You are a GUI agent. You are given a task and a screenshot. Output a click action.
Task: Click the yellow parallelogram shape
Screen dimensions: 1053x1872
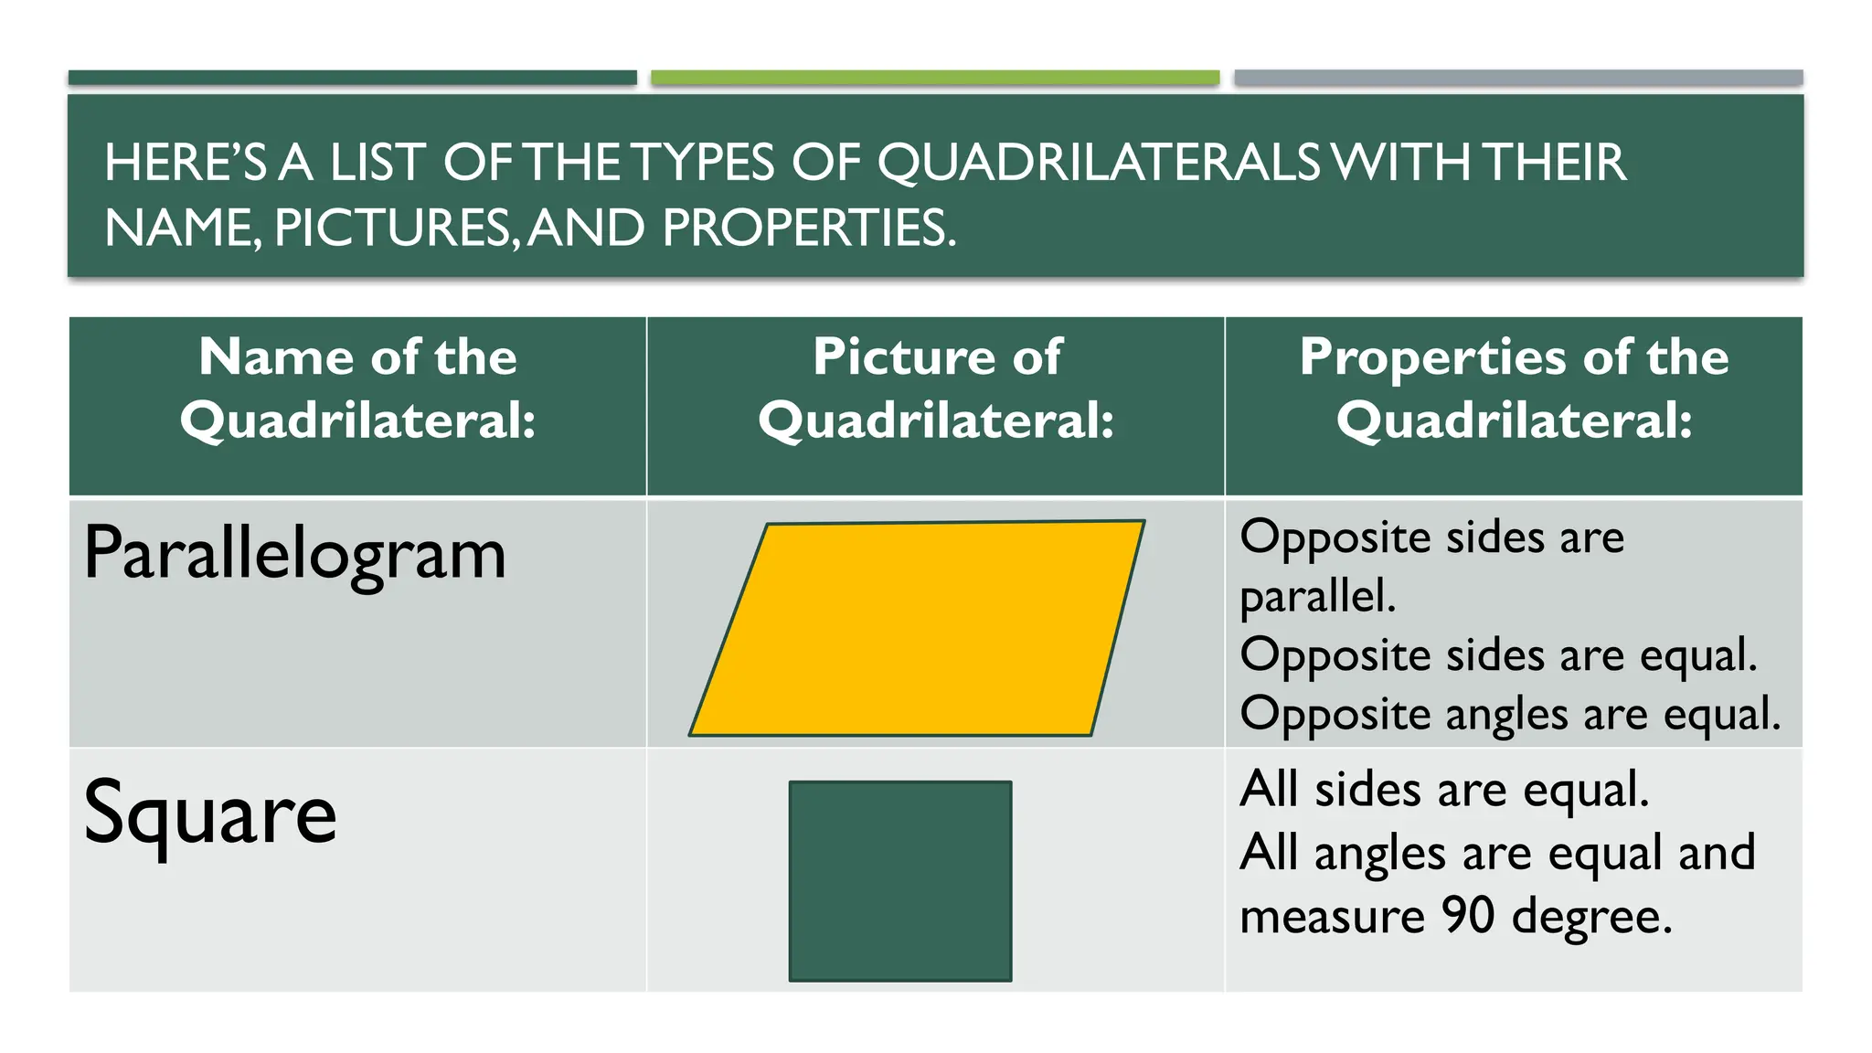[x=917, y=629]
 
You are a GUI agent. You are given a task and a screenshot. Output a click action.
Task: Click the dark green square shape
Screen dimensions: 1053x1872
[x=900, y=881]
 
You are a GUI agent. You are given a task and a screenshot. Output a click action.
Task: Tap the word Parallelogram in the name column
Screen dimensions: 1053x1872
[x=294, y=554]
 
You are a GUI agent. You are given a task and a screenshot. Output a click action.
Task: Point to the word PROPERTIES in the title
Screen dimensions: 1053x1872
[x=809, y=228]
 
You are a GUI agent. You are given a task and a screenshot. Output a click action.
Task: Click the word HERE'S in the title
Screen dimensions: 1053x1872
[x=186, y=163]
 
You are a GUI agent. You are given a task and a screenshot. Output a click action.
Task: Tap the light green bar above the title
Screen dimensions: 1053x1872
[x=935, y=78]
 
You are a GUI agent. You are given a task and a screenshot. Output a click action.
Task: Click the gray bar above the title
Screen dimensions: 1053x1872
[x=1518, y=78]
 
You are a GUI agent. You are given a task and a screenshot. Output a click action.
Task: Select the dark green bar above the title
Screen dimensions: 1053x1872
[x=353, y=78]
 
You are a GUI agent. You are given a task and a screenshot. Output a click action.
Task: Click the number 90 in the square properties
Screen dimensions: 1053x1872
[x=1468, y=915]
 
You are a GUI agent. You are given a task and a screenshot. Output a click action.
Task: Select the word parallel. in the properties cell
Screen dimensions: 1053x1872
[x=1317, y=597]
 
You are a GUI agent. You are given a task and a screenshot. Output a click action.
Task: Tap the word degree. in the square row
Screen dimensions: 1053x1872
[x=1592, y=917]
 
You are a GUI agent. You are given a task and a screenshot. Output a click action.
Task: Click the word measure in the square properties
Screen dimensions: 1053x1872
[x=1332, y=917]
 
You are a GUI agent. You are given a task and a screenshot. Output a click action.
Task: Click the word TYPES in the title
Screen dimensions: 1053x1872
[x=704, y=163]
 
